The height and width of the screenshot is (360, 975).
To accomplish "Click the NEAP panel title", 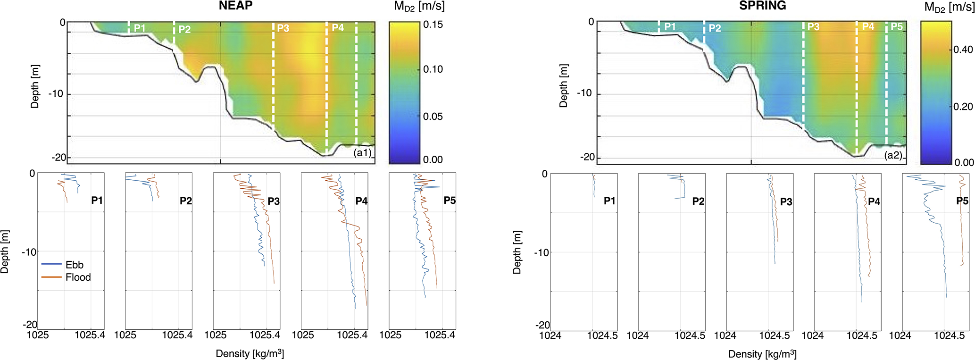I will (235, 6).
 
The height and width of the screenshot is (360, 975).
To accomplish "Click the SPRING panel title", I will (762, 6).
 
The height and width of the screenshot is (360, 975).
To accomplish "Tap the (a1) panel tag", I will (362, 152).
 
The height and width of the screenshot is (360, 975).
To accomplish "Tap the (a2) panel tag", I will (893, 155).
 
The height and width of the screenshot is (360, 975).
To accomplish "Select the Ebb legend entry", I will (74, 265).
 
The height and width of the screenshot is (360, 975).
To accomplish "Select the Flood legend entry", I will (78, 277).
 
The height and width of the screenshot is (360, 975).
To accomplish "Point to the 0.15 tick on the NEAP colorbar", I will (433, 25).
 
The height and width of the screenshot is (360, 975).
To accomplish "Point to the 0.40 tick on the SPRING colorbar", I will (963, 50).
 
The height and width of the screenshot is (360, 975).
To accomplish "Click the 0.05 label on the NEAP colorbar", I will (433, 117).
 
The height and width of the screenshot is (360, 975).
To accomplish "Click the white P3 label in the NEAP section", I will (283, 28).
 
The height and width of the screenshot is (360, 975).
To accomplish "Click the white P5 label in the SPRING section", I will (896, 27).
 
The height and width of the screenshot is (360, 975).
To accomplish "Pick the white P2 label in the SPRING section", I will (715, 28).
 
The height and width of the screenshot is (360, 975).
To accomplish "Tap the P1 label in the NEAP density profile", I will (97, 201).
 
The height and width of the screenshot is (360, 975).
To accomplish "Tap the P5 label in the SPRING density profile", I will (962, 201).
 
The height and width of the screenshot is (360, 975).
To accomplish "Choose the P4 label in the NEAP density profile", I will (361, 201).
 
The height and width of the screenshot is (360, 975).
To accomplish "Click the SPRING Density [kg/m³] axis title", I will (762, 354).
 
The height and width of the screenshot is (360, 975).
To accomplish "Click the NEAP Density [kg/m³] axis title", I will (250, 353).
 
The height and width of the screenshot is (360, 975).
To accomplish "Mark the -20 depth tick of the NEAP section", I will (59, 157).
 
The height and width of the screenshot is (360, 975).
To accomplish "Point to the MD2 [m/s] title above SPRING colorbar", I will (949, 7).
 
